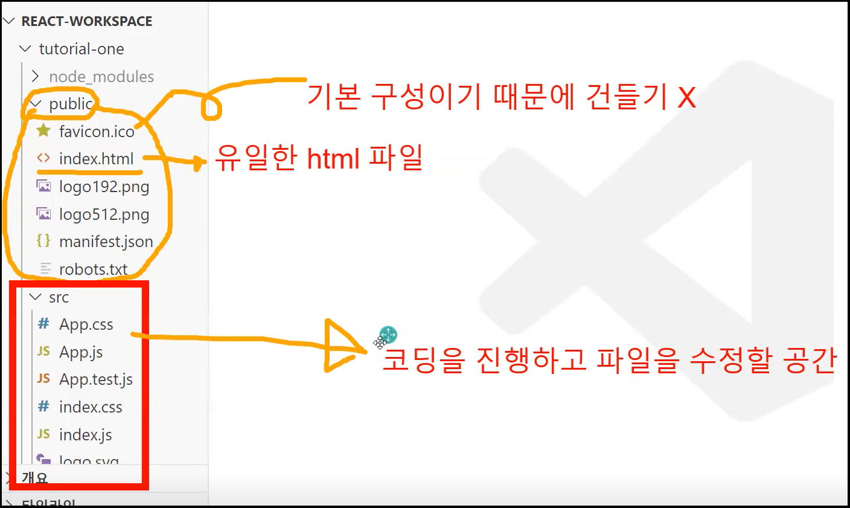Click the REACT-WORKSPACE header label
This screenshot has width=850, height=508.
[86, 21]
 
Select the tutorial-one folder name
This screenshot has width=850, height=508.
[81, 49]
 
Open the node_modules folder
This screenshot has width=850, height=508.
[101, 77]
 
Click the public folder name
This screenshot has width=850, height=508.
[71, 104]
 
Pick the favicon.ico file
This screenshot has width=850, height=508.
[97, 132]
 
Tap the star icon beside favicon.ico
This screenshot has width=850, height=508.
[43, 130]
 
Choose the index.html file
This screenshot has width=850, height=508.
[97, 159]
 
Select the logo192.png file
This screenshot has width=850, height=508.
[104, 187]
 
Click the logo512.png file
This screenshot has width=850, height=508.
[104, 214]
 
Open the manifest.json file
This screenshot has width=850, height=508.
[106, 242]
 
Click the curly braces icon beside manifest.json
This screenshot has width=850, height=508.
[43, 241]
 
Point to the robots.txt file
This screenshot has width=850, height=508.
[94, 269]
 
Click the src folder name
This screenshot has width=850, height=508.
[59, 297]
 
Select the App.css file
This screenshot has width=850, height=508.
[86, 324]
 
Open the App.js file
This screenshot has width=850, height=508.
[81, 352]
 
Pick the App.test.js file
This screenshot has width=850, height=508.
[96, 379]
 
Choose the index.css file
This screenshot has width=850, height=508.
[91, 407]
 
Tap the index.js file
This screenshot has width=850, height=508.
[86, 435]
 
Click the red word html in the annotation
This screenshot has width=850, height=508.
[333, 159]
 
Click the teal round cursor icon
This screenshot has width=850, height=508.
[388, 335]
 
